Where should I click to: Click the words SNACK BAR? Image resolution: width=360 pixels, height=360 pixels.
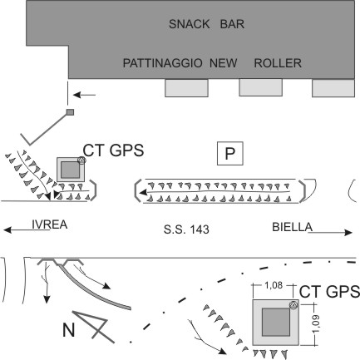point(206,24)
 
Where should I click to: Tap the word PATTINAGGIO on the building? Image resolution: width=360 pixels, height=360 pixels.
point(162,63)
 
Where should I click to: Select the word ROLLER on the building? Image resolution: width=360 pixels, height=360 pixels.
point(278,63)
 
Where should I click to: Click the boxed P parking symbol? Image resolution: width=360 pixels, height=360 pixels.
point(230,153)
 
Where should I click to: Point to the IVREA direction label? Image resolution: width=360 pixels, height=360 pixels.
point(50,224)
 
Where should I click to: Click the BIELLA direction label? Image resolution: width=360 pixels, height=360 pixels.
point(293,227)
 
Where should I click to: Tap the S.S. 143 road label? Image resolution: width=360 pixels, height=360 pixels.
point(186,229)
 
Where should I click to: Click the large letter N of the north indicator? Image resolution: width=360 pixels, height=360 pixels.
point(69,330)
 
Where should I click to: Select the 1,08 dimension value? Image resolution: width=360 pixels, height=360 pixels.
point(274,285)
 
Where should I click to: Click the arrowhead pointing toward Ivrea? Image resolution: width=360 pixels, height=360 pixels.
point(7,229)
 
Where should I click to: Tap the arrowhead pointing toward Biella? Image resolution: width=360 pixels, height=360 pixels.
point(348,233)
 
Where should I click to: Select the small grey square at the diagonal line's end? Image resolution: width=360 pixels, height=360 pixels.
point(70,112)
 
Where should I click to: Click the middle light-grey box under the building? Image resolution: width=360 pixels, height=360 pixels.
point(260,87)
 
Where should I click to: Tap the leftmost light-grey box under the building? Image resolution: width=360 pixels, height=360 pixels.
point(186,88)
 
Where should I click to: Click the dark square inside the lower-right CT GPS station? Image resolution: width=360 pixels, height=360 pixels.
point(276,322)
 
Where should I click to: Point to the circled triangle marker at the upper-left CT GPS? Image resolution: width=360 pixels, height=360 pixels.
point(81,160)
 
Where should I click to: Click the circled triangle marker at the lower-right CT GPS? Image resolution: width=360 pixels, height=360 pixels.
point(293,305)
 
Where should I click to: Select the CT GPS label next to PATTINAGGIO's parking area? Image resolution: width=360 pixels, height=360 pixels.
point(113,150)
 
